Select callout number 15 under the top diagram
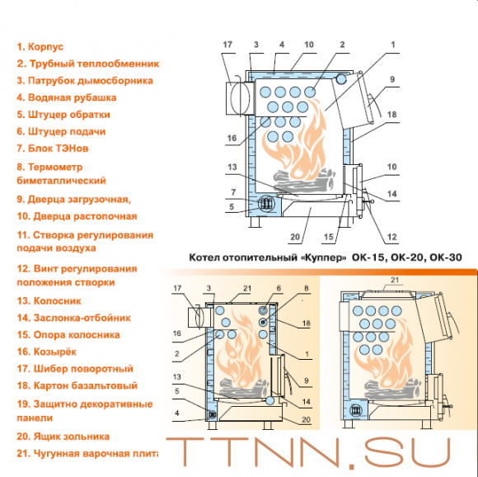pos(329,238)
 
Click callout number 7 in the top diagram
pos(233,192)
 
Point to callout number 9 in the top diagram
pos(392,80)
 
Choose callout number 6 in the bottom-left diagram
pos(279,288)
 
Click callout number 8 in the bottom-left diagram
pos(305,288)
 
